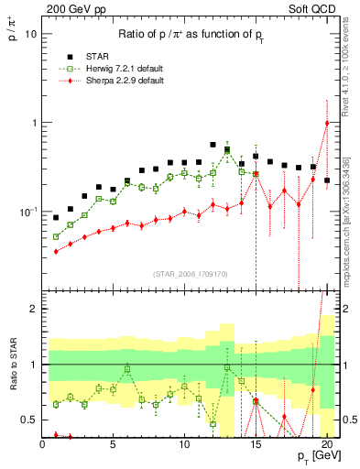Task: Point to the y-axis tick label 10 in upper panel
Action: pyautogui.click(x=30, y=34)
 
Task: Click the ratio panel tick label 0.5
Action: pyautogui.click(x=28, y=420)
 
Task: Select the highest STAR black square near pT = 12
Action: pyautogui.click(x=213, y=145)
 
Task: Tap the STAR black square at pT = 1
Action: pyautogui.click(x=56, y=218)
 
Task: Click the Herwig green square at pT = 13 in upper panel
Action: pyautogui.click(x=227, y=151)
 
